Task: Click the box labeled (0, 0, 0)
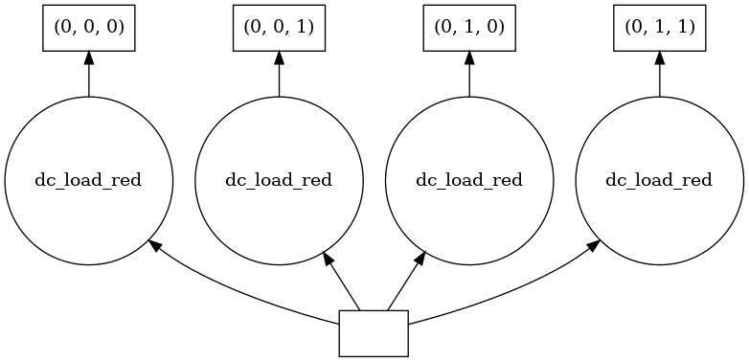[x=89, y=29]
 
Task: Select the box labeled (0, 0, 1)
[x=279, y=29]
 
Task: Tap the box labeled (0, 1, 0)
[x=469, y=29]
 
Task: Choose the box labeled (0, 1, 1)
[x=659, y=29]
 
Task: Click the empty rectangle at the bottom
[x=374, y=333]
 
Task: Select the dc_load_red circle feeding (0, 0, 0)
[x=89, y=181]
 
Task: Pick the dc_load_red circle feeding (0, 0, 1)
[x=279, y=181]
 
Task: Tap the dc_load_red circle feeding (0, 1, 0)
[x=469, y=181]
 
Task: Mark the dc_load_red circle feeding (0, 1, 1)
[x=659, y=181]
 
